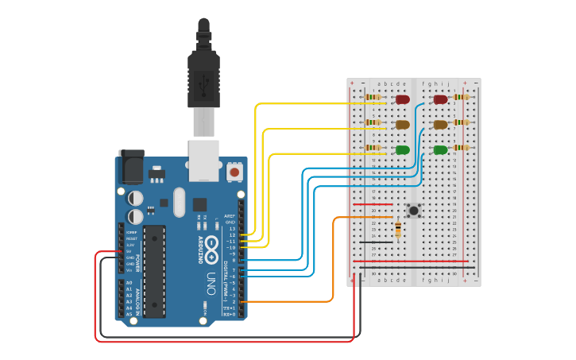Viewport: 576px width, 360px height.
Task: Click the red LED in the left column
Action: pyautogui.click(x=403, y=99)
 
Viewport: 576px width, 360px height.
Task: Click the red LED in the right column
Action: pyautogui.click(x=440, y=99)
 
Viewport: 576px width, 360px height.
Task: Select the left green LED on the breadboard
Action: pyautogui.click(x=403, y=149)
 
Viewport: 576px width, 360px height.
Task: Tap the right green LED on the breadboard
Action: pyautogui.click(x=440, y=149)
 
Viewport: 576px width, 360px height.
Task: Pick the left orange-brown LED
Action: pyautogui.click(x=403, y=125)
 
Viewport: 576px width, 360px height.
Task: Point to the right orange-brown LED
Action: pyautogui.click(x=440, y=125)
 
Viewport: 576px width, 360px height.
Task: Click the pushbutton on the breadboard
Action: pyautogui.click(x=413, y=211)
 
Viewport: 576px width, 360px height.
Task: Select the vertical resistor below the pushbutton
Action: pyautogui.click(x=397, y=230)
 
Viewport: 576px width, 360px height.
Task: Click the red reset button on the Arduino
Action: pyautogui.click(x=234, y=171)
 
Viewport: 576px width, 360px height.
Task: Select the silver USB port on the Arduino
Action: pyautogui.click(x=203, y=159)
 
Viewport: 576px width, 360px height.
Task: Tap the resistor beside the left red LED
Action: pyautogui.click(x=373, y=98)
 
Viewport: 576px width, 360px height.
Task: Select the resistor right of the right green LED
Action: pyautogui.click(x=461, y=148)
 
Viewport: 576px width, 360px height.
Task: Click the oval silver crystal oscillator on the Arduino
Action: pyautogui.click(x=179, y=202)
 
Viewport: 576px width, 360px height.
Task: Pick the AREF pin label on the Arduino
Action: pyautogui.click(x=230, y=216)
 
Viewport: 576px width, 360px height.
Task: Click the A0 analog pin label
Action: pyautogui.click(x=129, y=283)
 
